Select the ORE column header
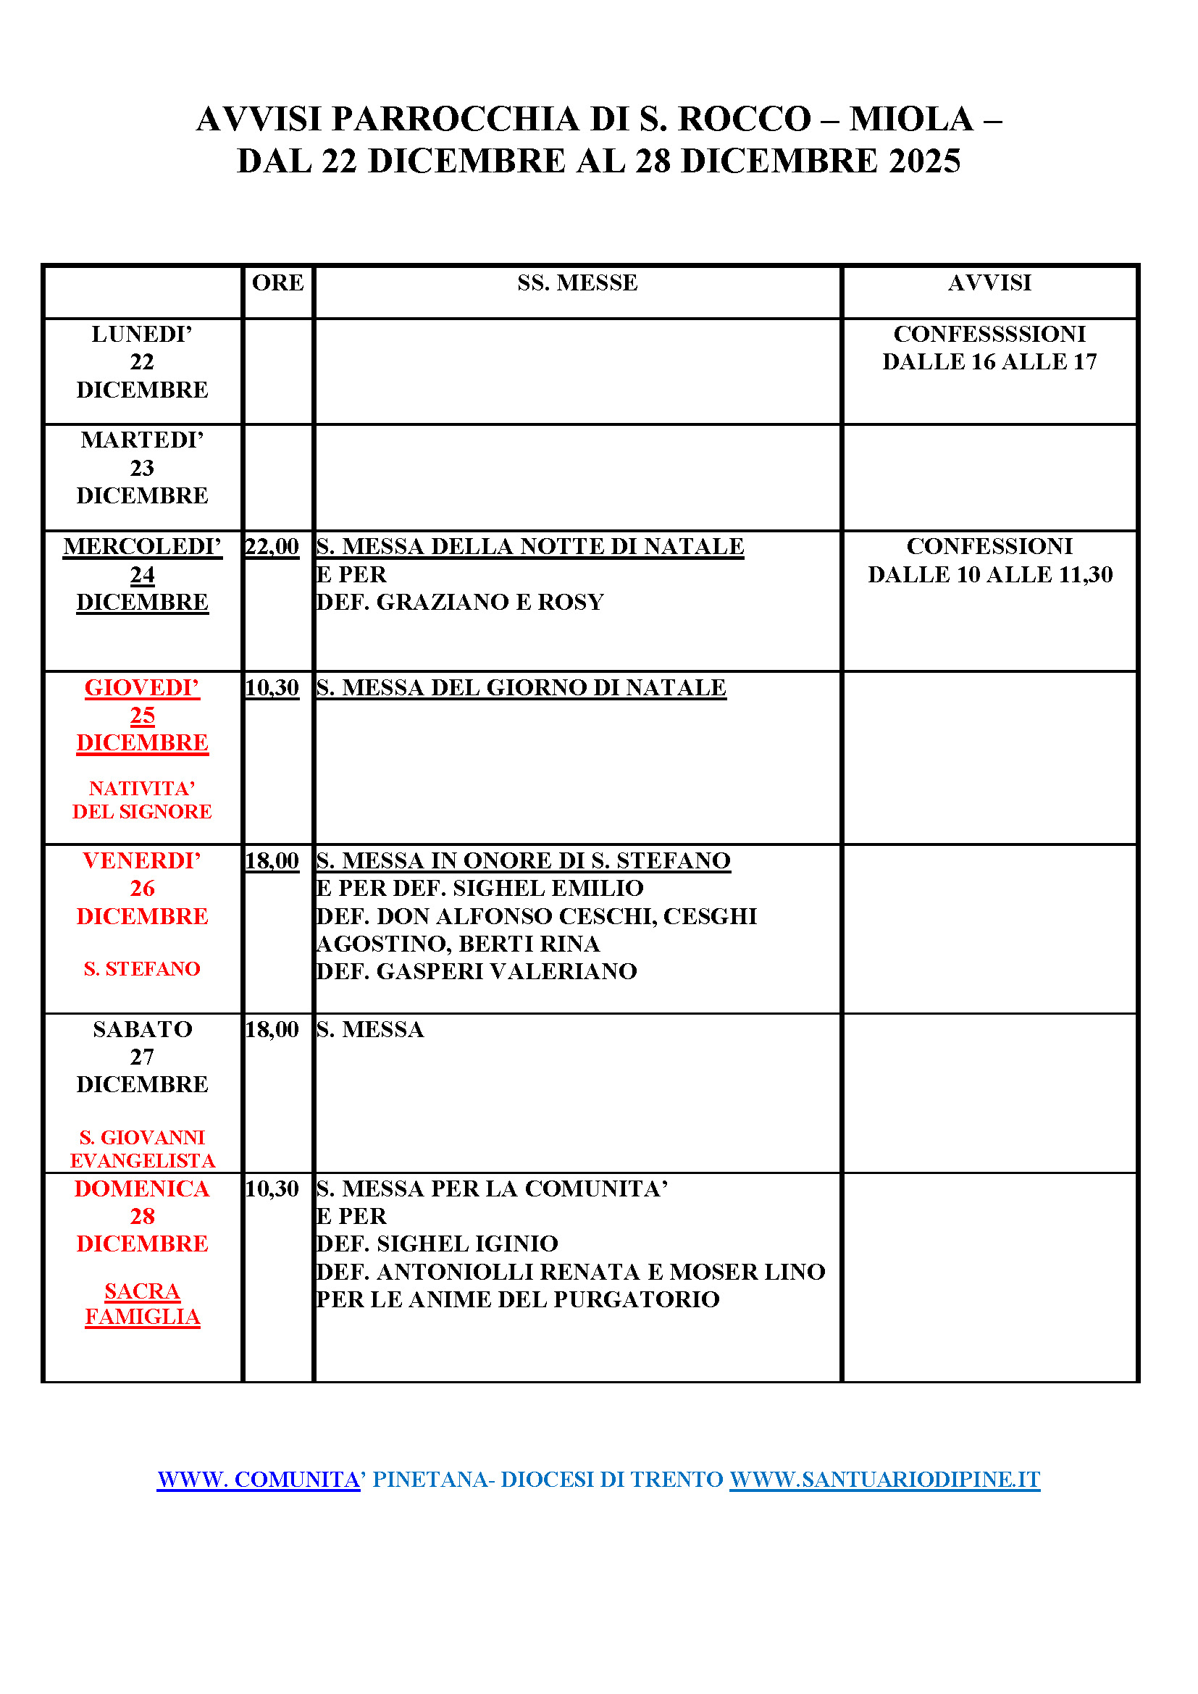[x=277, y=282]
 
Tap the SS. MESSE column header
[x=577, y=282]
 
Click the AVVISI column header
[x=989, y=282]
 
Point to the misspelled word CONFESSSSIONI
[x=989, y=334]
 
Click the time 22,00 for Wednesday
[x=272, y=547]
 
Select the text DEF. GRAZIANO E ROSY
[x=460, y=602]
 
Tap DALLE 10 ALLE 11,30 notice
[x=989, y=575]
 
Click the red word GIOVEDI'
[x=142, y=687]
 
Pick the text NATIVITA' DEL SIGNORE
[x=142, y=800]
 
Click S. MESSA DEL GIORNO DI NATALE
[x=521, y=687]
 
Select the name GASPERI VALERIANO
[x=507, y=972]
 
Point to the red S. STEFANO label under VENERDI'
[x=142, y=969]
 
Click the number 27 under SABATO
[x=142, y=1057]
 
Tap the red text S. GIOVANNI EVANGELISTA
[x=142, y=1149]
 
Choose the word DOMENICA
[x=142, y=1188]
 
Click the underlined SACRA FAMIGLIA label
[x=142, y=1304]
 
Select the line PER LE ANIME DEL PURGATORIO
[x=517, y=1299]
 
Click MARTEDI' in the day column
[x=142, y=440]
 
